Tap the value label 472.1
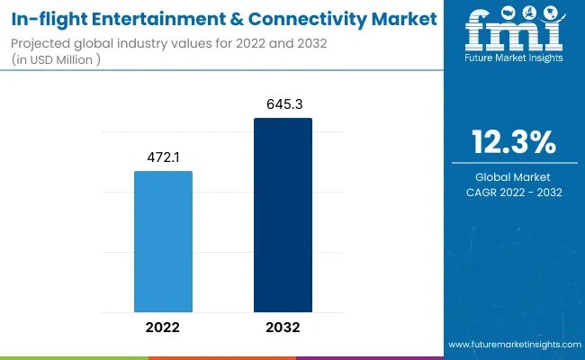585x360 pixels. click(163, 157)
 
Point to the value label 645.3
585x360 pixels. click(283, 103)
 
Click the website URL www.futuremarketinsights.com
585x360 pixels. click(513, 345)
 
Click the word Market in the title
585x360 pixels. click(400, 18)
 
